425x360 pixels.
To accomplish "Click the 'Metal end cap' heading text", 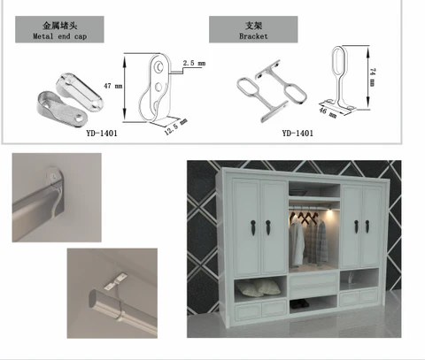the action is tap(59, 36).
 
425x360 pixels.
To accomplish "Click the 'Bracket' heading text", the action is tap(253, 36).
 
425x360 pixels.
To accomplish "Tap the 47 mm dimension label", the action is tap(112, 86).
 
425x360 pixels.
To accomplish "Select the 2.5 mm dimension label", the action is tap(194, 63).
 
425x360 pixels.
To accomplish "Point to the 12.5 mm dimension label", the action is tap(176, 126).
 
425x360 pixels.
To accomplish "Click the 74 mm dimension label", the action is tap(373, 77).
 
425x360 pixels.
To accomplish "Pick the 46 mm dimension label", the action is tap(328, 112).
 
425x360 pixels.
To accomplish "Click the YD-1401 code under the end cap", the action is tap(102, 134).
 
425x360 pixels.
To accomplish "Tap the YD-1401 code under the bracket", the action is tap(297, 134).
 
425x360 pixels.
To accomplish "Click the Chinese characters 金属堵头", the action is tap(59, 26).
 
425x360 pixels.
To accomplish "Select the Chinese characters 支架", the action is tap(253, 26).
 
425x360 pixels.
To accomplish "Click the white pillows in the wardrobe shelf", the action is tap(259, 287).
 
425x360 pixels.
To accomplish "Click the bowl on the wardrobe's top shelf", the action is tap(297, 192).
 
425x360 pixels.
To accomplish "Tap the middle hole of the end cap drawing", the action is tap(158, 87).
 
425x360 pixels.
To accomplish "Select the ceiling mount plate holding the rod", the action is tap(115, 282).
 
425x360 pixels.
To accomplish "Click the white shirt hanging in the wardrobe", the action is tap(297, 241).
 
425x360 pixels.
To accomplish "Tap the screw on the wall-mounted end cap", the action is tap(53, 177).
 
